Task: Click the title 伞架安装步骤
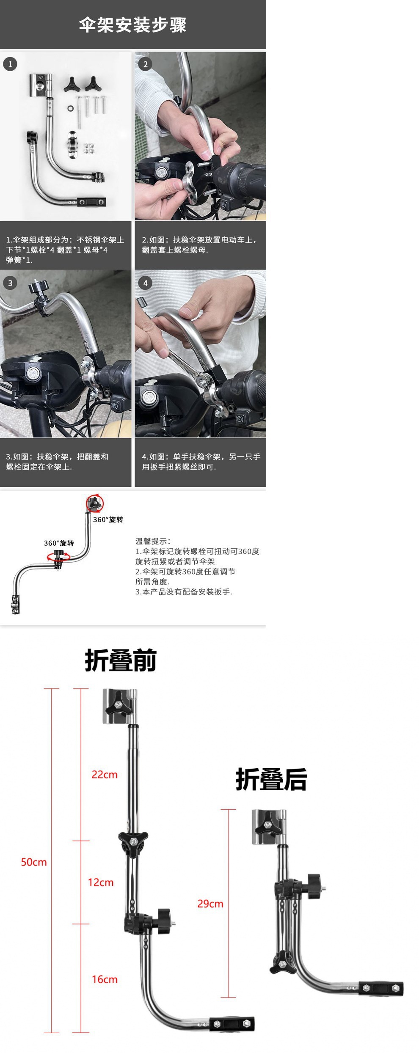(132, 25)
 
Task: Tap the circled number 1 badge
(10, 64)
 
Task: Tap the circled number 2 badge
(145, 64)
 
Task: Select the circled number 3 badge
(10, 283)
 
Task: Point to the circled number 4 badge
(145, 283)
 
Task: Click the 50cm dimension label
(34, 862)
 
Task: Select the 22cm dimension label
(105, 775)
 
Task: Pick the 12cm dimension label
(101, 883)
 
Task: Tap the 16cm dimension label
(105, 979)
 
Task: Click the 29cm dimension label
(210, 904)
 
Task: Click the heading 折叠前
(121, 660)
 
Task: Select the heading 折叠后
(271, 779)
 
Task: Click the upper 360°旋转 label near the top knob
(108, 520)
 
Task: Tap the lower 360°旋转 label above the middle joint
(59, 543)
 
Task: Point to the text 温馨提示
(153, 541)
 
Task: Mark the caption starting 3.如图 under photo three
(57, 462)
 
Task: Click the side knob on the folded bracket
(314, 887)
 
